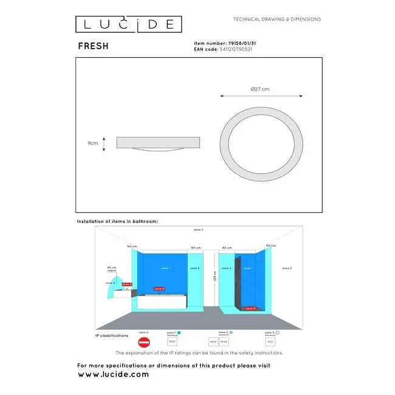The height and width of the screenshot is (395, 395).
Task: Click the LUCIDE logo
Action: pyautogui.click(x=128, y=24)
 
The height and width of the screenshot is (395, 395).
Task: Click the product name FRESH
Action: pyautogui.click(x=93, y=46)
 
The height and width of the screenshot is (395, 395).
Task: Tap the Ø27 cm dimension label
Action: pyautogui.click(x=259, y=89)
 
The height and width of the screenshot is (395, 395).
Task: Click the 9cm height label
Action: pyautogui.click(x=92, y=143)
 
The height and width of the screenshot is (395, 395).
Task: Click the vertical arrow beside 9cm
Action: pyautogui.click(x=104, y=143)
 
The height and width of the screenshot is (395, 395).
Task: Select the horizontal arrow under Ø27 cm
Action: pyautogui.click(x=259, y=95)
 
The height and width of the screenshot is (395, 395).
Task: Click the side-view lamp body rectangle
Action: pyautogui.click(x=158, y=142)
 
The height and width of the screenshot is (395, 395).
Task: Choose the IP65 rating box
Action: pyautogui.click(x=172, y=342)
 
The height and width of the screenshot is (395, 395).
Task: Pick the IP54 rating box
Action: pyautogui.click(x=213, y=342)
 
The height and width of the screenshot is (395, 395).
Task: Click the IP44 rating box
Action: pyautogui.click(x=224, y=342)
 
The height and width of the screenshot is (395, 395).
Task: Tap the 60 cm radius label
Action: pyautogui.click(x=111, y=269)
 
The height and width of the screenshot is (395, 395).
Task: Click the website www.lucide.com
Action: pyautogui.click(x=113, y=374)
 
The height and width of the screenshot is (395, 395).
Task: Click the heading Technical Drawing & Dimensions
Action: pyautogui.click(x=277, y=19)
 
